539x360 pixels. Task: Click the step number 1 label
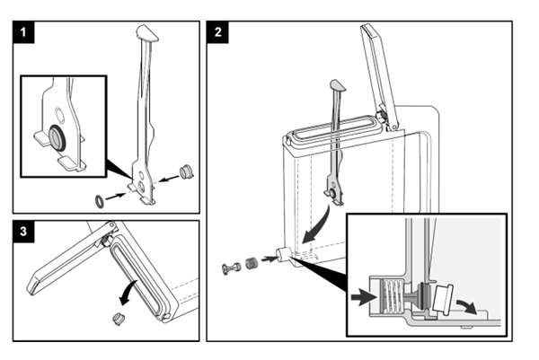[23, 32]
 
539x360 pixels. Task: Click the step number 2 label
[218, 32]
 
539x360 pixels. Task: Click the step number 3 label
[23, 232]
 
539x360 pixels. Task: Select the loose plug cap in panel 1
[187, 172]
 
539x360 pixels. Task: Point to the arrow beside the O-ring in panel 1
[115, 197]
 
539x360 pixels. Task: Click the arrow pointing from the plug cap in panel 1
[170, 179]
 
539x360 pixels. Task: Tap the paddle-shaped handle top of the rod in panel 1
[147, 33]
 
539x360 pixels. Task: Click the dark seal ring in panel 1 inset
[57, 138]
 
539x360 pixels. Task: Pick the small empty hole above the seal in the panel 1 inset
[58, 115]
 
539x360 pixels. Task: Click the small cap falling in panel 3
[119, 319]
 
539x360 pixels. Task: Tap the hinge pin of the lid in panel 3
[111, 225]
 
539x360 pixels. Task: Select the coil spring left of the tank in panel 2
[252, 263]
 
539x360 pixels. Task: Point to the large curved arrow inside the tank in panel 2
[318, 225]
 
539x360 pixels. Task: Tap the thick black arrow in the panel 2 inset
[363, 297]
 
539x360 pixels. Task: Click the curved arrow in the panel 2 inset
[467, 306]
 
